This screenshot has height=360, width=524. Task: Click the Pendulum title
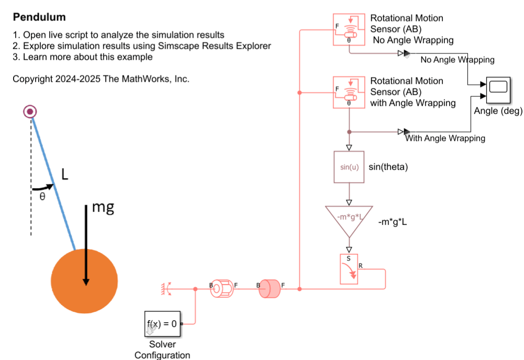[39, 17]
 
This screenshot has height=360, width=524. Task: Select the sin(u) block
[349, 167]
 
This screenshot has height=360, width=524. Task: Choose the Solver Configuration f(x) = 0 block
[162, 323]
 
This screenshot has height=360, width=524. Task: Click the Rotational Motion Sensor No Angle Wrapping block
[348, 30]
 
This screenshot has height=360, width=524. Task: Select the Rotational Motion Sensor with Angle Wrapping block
[348, 92]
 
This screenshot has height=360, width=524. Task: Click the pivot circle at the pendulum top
[30, 111]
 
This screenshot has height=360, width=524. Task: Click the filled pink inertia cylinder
[270, 289]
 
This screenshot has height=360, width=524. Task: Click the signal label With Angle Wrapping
[445, 138]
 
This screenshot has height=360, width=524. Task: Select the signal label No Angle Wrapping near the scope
[457, 60]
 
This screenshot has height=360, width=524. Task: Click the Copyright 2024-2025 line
[101, 79]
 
